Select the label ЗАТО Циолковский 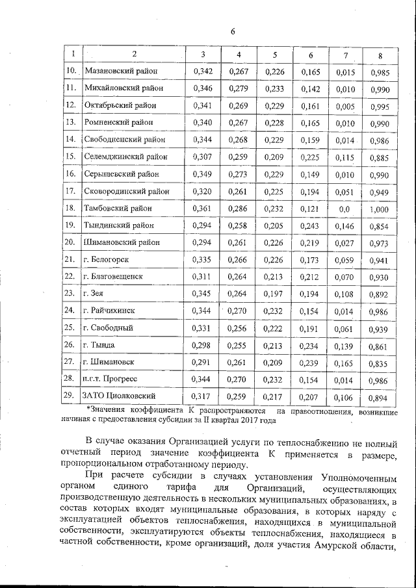click(119, 396)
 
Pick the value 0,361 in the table click(203, 209)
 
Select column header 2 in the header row click(134, 55)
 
